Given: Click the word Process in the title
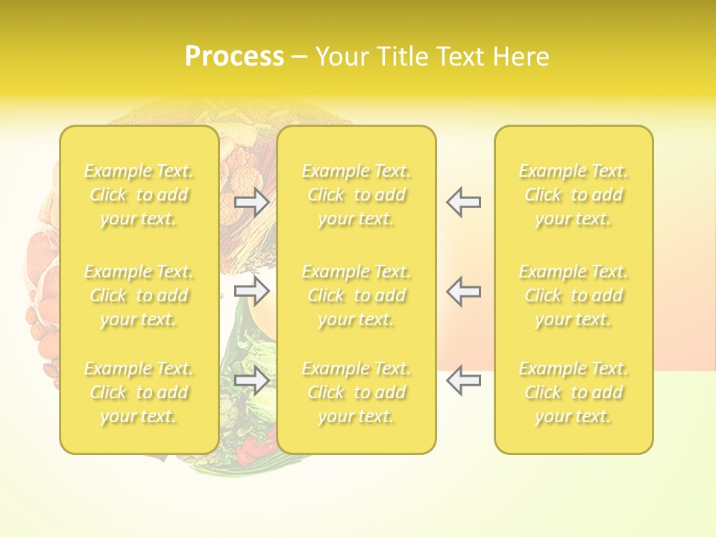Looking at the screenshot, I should point(234,57).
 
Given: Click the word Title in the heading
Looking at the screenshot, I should point(402,57).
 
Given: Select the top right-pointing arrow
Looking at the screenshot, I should point(251,202).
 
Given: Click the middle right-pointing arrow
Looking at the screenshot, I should point(251,291).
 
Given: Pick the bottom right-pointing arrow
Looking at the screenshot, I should point(251,380).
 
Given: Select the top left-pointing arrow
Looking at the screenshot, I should point(464,202).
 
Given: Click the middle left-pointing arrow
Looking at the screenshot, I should point(464,291).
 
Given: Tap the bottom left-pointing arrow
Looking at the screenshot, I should point(464,380).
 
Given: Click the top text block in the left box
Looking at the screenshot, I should point(139,195).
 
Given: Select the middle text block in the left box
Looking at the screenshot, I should point(139,295).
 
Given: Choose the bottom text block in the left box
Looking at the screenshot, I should point(139,392).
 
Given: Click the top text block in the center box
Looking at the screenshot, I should point(357,195).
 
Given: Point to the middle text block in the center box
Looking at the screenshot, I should point(357,295).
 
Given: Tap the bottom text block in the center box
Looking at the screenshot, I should point(357,392).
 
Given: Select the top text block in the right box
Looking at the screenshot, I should point(574,195).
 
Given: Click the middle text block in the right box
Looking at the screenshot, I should point(574,295).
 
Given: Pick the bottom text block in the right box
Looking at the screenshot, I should point(574,392).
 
